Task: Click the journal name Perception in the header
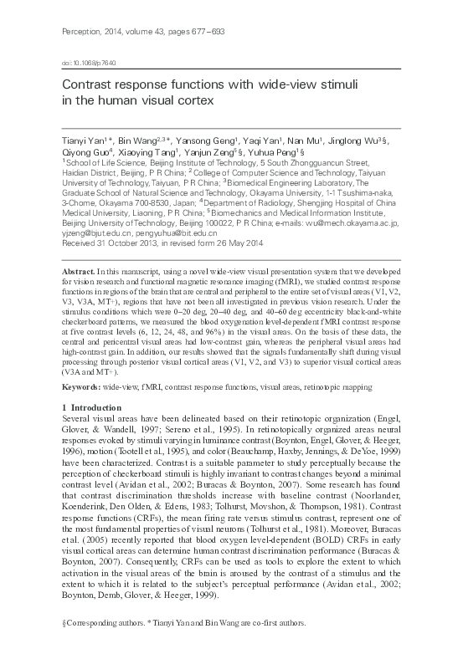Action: pyautogui.click(x=81, y=31)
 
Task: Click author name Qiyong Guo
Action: pyautogui.click(x=88, y=154)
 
